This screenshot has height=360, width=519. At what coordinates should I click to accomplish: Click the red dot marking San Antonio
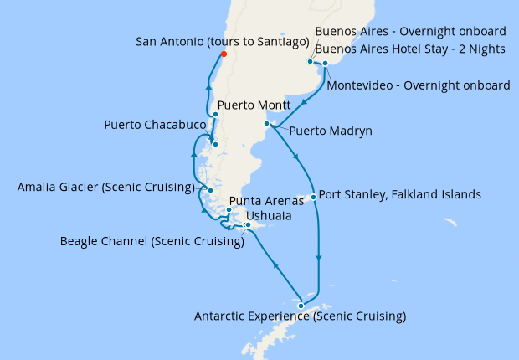[223, 55]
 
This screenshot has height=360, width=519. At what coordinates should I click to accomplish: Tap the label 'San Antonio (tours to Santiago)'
[222, 41]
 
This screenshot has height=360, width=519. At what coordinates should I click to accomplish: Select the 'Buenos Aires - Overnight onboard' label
[410, 33]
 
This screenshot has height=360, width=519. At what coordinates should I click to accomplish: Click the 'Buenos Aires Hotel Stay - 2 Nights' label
[410, 49]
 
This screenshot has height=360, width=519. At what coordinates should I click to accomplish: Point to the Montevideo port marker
[325, 63]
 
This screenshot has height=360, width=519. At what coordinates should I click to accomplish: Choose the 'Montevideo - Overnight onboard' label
[419, 85]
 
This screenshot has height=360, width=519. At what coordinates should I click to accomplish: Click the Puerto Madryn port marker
[266, 124]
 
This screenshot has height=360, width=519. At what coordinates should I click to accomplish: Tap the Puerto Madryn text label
[331, 131]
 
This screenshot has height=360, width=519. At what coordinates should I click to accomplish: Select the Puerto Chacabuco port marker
[216, 144]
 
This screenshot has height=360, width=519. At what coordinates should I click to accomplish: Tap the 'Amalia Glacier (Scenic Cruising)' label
[105, 187]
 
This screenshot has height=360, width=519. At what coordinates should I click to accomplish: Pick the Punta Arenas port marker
[229, 210]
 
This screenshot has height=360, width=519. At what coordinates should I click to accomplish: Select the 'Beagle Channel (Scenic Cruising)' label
[152, 242]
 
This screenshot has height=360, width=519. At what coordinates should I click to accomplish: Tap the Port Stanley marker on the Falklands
[313, 198]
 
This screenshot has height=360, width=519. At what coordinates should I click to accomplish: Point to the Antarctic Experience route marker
[301, 306]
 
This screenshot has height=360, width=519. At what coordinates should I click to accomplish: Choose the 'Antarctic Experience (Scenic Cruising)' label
[300, 317]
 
